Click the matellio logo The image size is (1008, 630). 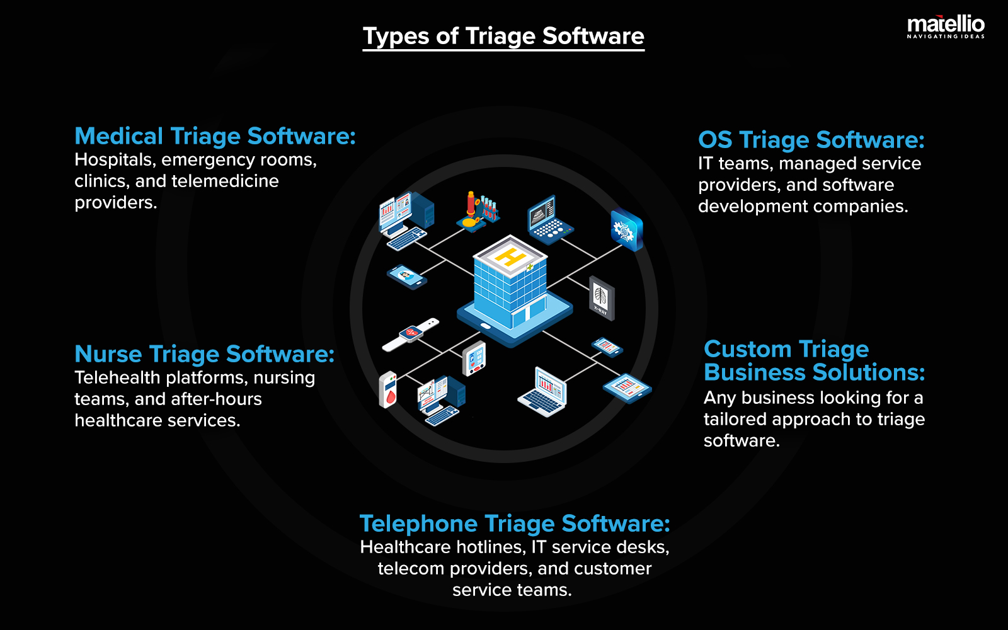click(945, 27)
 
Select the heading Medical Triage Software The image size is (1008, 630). click(215, 136)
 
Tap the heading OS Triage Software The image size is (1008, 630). click(811, 140)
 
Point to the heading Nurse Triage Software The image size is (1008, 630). click(204, 354)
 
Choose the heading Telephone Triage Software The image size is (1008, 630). click(514, 524)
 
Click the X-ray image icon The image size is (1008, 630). click(601, 297)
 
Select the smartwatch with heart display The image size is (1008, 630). click(411, 333)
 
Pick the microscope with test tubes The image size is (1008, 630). click(478, 211)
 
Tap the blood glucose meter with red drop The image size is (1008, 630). click(388, 389)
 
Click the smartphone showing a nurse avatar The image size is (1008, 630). click(406, 276)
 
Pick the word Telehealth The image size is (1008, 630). click(117, 378)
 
